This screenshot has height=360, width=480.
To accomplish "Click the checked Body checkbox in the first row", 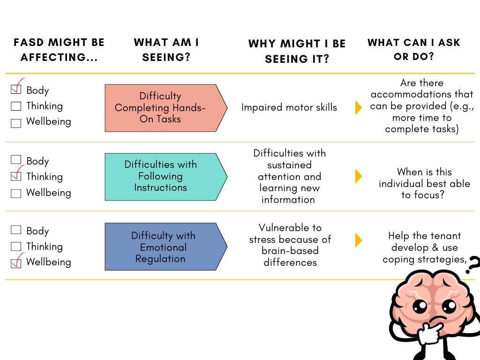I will [x=16, y=90].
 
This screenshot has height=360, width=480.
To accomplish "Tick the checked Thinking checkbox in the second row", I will [x=16, y=177].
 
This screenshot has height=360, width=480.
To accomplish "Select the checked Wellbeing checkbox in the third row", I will [x=16, y=262].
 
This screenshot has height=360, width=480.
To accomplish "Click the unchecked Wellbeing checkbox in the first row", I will [x=16, y=123].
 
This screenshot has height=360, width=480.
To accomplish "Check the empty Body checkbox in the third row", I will [x=16, y=230].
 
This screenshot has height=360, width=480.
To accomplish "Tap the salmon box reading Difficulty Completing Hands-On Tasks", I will [x=160, y=108].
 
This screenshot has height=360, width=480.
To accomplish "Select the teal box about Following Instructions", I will [x=160, y=176].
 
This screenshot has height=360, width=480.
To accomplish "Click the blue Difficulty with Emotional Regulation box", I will [x=160, y=247].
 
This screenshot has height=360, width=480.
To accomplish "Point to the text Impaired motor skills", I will [x=289, y=107].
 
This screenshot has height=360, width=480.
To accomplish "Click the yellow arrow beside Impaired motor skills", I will [x=359, y=107].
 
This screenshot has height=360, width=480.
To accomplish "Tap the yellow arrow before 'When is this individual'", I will [x=359, y=176].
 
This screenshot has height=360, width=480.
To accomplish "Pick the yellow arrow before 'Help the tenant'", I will [x=359, y=240].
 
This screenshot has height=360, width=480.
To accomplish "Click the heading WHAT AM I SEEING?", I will [x=166, y=50].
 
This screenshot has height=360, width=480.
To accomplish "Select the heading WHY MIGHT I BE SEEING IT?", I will [x=297, y=52].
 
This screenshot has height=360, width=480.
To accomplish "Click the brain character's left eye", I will [x=420, y=306].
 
